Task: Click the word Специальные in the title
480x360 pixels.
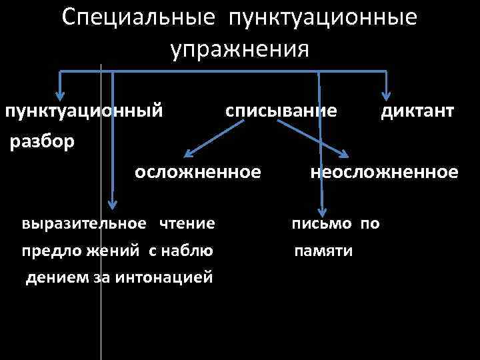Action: coord(137,19)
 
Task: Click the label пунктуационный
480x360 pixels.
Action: coord(84,111)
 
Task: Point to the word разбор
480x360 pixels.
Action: coord(41,141)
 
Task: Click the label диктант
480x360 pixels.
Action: coord(418,111)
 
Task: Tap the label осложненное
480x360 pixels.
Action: coord(197,173)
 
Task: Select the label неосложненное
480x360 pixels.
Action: coord(384,173)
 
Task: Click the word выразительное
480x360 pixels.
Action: coord(83,223)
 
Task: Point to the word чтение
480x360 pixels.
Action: coord(187,223)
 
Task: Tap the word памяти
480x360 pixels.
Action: coord(325,251)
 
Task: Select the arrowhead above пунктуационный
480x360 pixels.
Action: coord(61,95)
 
